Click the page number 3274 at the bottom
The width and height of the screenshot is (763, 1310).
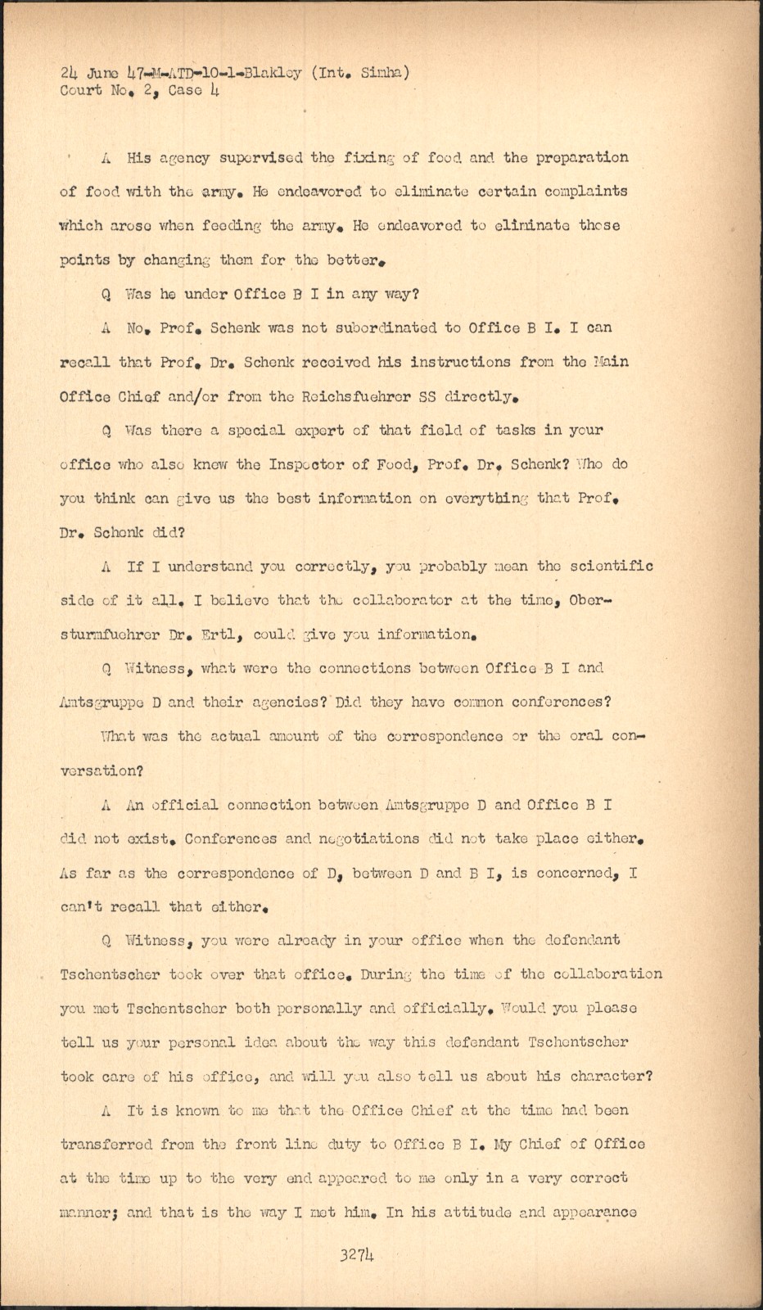357,1255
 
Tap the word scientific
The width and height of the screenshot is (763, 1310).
612,567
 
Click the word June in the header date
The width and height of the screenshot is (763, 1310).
102,73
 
